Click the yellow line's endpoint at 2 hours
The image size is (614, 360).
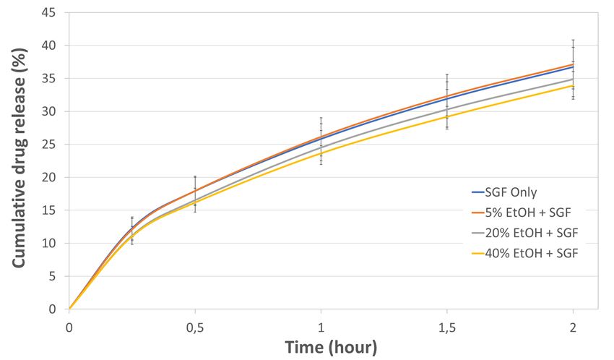point(573,85)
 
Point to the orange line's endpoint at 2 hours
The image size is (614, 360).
point(573,64)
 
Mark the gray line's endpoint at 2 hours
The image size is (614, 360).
point(573,79)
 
